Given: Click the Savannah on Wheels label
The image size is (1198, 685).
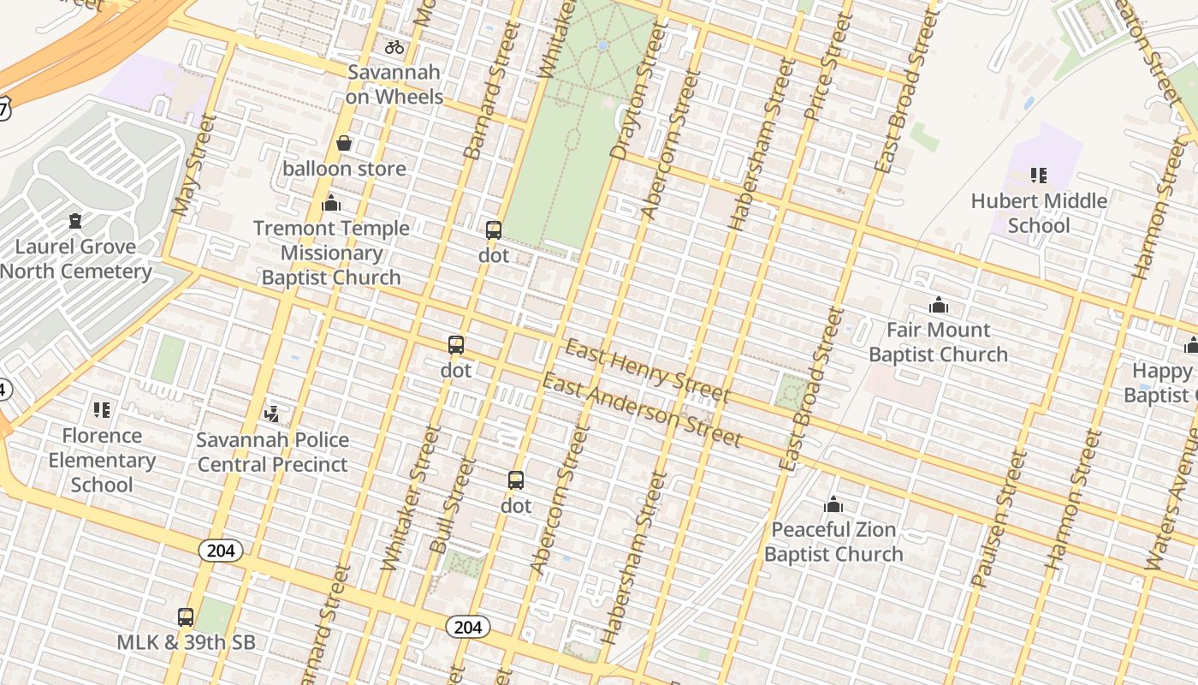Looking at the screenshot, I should pos(394,85).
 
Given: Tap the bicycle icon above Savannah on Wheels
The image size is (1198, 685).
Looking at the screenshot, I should pos(394,47).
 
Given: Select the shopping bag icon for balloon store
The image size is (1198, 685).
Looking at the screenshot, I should pos(344,143).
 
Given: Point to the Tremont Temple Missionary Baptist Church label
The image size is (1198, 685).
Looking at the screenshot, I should pos(331,253).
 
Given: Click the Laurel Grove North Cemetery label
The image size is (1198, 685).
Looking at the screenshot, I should pos(76,259).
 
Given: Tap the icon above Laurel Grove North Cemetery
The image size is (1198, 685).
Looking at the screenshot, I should pos(76,221).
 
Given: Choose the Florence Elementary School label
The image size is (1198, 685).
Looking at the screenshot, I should pos(102,460).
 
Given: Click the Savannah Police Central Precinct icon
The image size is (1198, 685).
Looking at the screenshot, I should pos(272,414).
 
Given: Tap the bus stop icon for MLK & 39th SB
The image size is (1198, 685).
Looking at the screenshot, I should pos(186,616).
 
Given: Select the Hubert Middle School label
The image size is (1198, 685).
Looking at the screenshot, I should pos(1039,213).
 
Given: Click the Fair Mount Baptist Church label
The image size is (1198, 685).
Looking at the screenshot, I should pos(938,342).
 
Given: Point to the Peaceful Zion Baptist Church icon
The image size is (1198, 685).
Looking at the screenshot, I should pos(833,504).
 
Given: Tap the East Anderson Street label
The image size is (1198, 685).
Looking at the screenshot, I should pos(641,410).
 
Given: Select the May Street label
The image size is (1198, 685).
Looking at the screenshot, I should pos(193,165).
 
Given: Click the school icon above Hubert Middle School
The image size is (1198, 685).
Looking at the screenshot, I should pos(1039,176).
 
